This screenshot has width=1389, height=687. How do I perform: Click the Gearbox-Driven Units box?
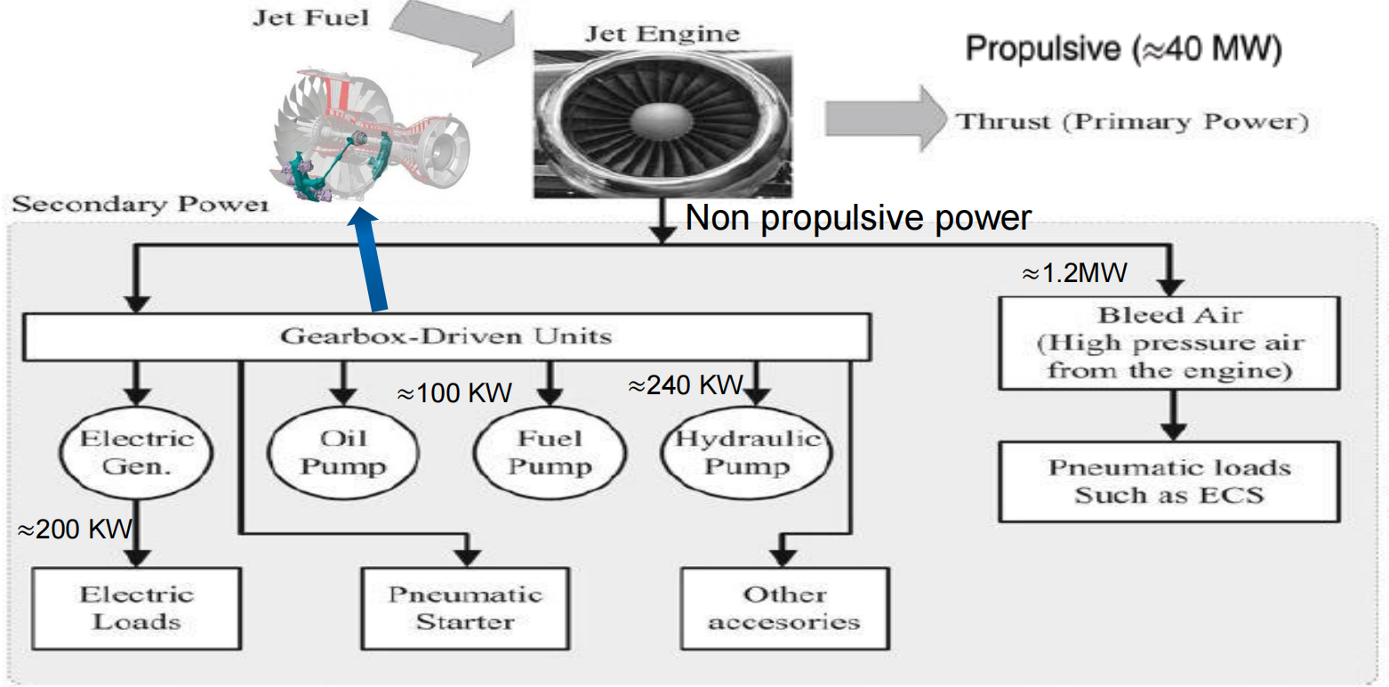[x=446, y=336]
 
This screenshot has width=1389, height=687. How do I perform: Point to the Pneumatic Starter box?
[x=465, y=608]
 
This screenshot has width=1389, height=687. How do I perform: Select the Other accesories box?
[x=783, y=608]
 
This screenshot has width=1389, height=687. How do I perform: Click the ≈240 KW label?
[x=685, y=385]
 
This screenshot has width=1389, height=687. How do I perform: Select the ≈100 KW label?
[x=454, y=392]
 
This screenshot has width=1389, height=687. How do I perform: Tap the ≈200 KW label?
[x=75, y=531]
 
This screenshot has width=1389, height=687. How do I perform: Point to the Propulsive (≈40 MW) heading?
[x=1123, y=50]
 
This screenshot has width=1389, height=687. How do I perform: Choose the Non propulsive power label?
[x=857, y=219]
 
